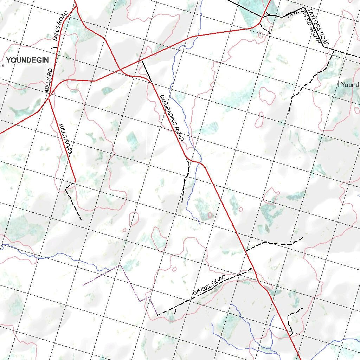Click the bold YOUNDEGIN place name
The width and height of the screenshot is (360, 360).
click(x=27, y=60)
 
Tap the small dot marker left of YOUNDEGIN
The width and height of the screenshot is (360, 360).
click(x=3, y=65)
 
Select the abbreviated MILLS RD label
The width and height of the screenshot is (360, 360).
click(x=49, y=81)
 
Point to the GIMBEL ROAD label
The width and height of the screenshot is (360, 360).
click(x=209, y=286)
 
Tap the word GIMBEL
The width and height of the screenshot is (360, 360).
click(x=202, y=289)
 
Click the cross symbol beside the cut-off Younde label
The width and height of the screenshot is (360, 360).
click(x=338, y=85)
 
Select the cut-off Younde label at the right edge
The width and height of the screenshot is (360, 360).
click(x=350, y=85)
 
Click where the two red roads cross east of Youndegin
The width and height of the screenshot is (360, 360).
click(x=120, y=69)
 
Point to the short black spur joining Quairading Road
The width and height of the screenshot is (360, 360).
click(x=147, y=71)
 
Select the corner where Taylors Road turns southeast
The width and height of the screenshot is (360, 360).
click(x=304, y=8)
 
